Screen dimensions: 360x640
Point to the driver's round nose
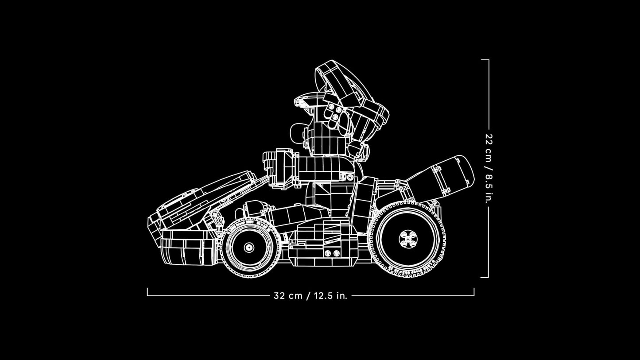point(297,132)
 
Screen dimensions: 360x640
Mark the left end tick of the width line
point(147,292)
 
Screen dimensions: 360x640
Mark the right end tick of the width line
point(474,292)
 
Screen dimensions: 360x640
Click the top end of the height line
point(488,60)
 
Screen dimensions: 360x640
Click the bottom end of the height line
point(488,278)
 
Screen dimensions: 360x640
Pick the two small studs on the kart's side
point(328,253)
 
